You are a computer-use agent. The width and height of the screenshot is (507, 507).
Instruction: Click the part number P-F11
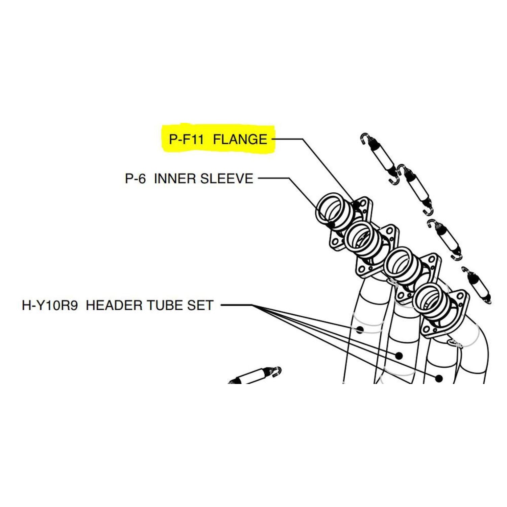186,139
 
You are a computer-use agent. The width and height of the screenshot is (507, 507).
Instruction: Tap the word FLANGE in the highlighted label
240,139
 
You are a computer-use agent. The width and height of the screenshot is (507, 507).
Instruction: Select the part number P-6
135,178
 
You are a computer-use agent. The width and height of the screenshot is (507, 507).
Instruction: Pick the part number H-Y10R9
50,305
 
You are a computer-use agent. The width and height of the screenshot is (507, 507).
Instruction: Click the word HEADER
115,305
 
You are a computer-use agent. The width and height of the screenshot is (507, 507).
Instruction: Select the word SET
200,305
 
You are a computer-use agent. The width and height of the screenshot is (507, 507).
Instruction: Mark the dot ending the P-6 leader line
331,225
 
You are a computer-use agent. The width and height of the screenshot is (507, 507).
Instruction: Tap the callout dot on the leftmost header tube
360,330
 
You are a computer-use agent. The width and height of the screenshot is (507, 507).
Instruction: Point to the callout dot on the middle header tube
399,355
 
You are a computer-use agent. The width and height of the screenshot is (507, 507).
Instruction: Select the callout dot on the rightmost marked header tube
439,378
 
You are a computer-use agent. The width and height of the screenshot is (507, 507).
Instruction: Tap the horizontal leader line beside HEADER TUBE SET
237,305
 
